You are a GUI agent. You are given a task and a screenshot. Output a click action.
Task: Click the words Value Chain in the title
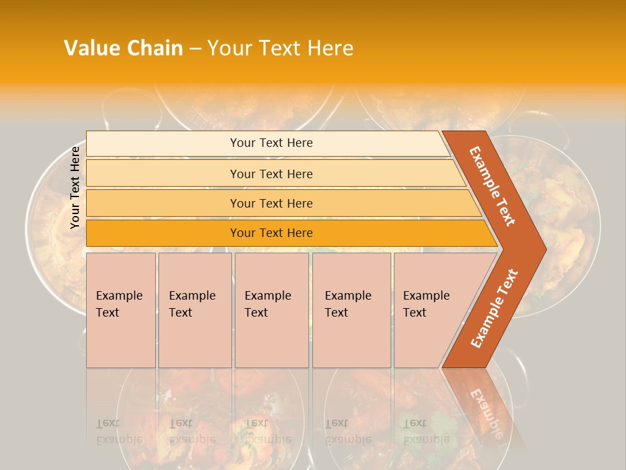pos(123,48)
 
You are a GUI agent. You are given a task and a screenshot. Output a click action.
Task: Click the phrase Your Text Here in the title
pos(280,48)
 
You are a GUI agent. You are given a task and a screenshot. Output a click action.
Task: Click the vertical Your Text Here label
pos(75,187)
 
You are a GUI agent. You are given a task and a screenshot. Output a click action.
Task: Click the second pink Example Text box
pos(195,310)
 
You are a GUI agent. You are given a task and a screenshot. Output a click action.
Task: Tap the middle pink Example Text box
pos(271,310)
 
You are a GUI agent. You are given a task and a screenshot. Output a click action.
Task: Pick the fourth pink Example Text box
pos(351,310)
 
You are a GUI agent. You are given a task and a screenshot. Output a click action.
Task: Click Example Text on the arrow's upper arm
pos(492,186)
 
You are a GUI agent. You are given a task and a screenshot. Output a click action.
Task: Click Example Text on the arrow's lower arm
pos(494,309)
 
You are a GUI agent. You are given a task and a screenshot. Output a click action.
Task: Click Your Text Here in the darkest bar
pos(271,233)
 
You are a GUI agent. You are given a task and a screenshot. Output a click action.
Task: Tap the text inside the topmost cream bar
pos(271,143)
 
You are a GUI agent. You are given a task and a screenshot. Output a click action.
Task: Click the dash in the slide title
pos(195,48)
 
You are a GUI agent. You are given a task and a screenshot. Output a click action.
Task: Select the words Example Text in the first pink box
pos(119,304)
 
